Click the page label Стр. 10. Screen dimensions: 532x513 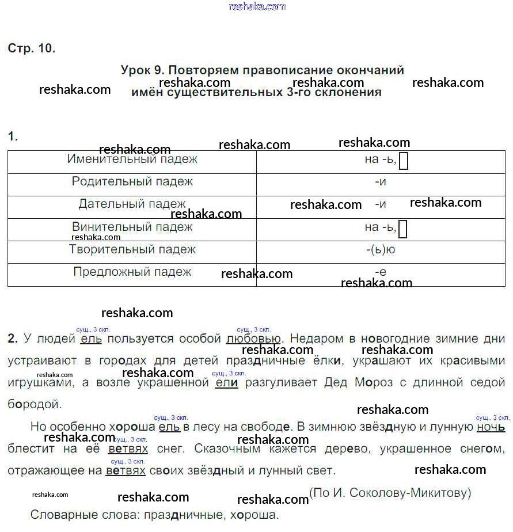click(32, 48)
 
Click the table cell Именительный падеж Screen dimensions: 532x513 click(132, 159)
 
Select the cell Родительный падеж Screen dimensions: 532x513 click(132, 181)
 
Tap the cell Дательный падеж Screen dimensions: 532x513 click(132, 204)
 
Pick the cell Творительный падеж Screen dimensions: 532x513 click(132, 249)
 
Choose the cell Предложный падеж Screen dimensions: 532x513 click(132, 272)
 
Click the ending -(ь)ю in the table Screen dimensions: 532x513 click(380, 250)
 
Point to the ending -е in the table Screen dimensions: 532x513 click(380, 272)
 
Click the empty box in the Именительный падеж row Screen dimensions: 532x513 click(404, 161)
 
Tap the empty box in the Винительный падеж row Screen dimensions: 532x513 click(403, 229)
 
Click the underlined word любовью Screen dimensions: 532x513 click(253, 339)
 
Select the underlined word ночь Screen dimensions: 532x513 click(491, 427)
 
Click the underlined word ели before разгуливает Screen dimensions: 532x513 click(226, 382)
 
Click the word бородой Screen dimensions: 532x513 click(34, 404)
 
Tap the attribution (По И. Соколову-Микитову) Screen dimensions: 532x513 click(390, 493)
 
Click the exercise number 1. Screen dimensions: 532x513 click(13, 136)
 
